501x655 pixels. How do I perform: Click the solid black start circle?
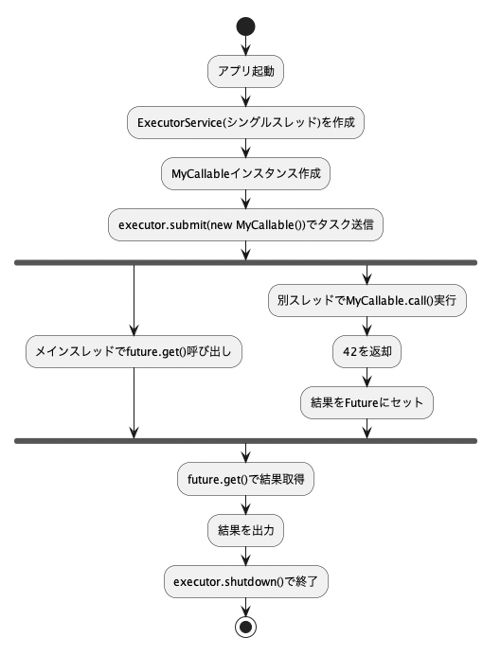(245, 27)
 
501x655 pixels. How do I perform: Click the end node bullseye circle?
(245, 627)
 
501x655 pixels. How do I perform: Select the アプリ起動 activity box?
(245, 71)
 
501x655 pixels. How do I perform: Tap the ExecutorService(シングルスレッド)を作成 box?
(245, 122)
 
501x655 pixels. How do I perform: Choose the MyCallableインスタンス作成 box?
(245, 173)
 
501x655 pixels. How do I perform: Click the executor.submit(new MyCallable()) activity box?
(245, 224)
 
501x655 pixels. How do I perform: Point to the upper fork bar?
(245, 263)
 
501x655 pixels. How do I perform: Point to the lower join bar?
(245, 441)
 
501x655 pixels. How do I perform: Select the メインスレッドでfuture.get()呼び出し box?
(134, 352)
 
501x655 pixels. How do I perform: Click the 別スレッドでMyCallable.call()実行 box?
(367, 300)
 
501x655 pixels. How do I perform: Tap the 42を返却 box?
(367, 352)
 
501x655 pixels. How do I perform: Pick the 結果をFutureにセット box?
(367, 402)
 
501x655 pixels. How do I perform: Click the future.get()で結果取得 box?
(245, 479)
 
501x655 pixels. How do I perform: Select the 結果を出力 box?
(245, 530)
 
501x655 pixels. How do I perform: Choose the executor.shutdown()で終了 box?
(245, 581)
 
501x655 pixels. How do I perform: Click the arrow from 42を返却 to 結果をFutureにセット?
(367, 378)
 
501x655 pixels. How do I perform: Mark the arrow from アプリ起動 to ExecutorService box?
(245, 97)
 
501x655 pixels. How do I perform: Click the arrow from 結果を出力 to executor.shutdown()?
(245, 556)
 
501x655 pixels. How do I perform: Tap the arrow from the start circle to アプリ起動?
(245, 45)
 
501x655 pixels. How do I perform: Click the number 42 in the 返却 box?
(349, 352)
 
